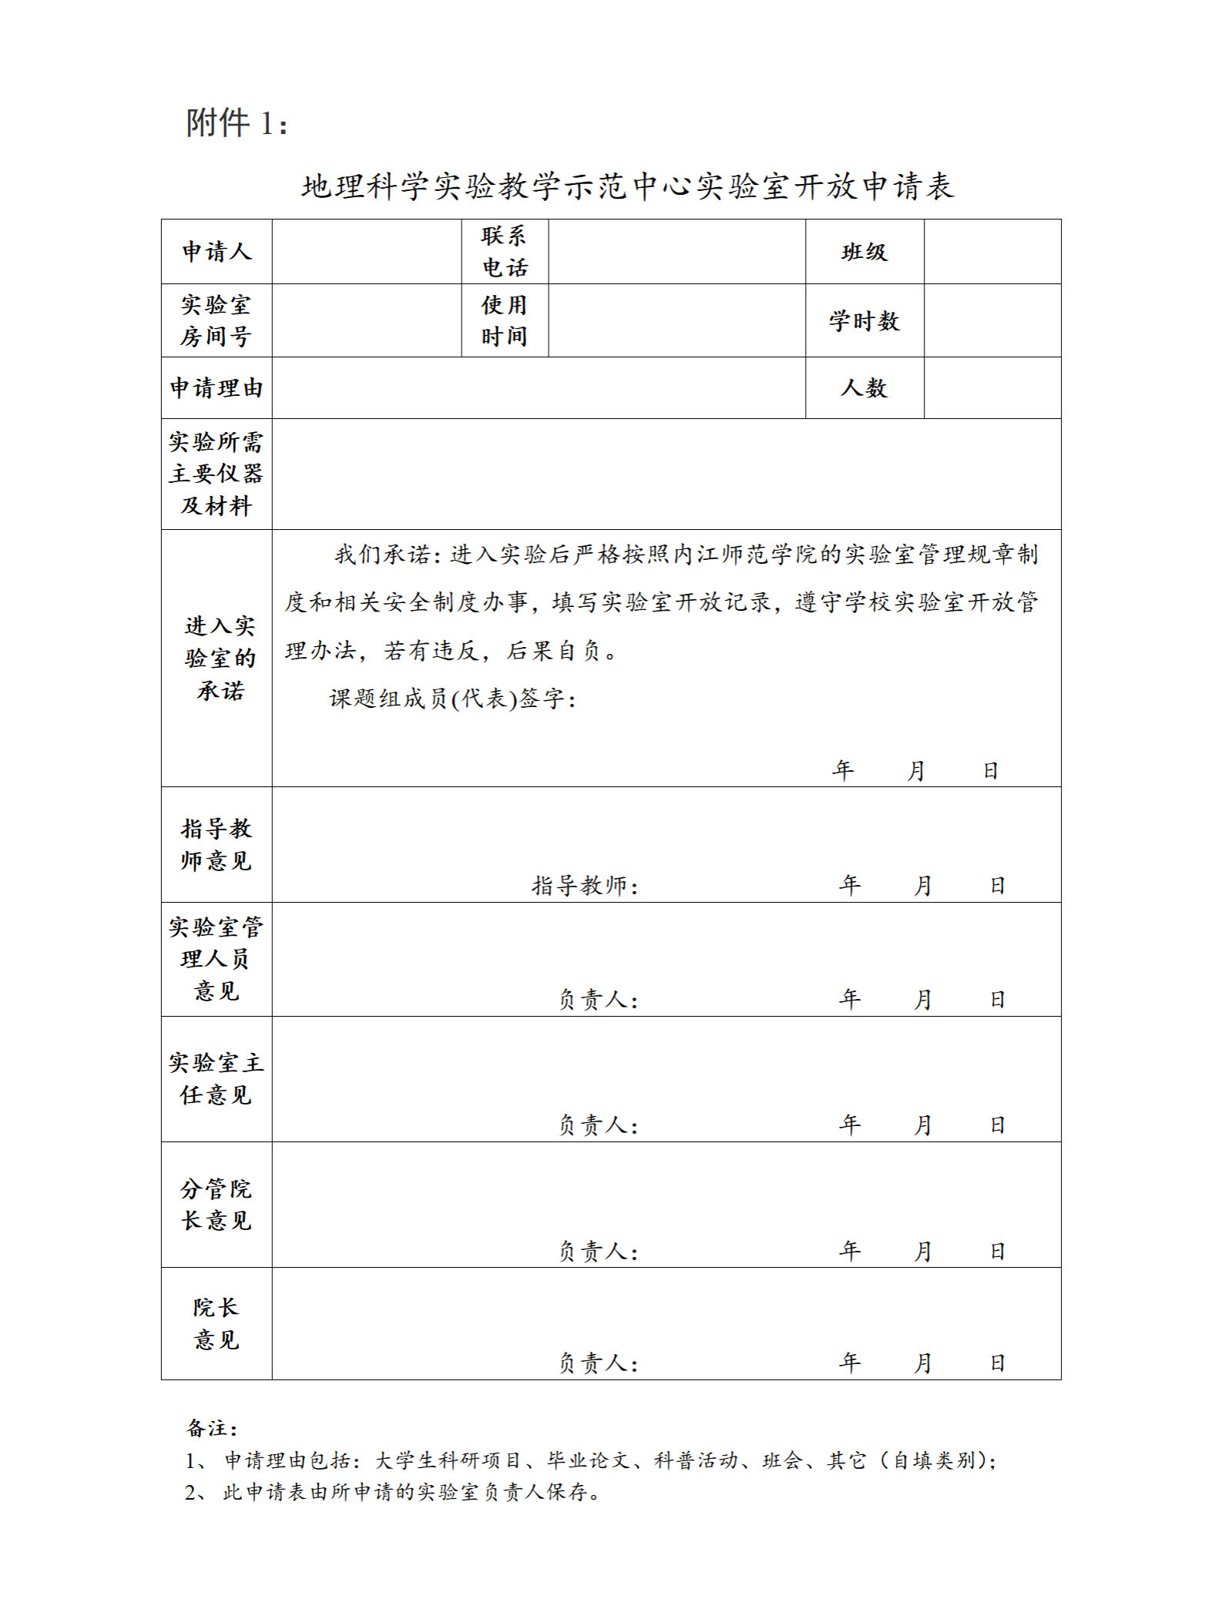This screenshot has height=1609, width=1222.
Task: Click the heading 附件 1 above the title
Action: coord(237,123)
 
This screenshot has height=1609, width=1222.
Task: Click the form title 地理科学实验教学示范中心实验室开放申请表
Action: coord(627,186)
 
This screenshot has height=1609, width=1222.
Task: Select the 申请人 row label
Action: coord(217,252)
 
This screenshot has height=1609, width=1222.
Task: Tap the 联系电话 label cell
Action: coord(505,252)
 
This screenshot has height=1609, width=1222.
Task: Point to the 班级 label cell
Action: coord(864,252)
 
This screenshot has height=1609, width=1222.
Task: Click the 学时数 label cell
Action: coord(864,320)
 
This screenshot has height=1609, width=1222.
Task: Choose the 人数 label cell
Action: coord(864,387)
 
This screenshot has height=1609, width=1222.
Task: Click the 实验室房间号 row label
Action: coord(216,320)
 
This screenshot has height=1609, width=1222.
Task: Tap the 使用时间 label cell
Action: coord(505,320)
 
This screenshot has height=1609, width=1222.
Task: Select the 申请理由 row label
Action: coord(217,387)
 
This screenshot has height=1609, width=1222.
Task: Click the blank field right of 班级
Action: coord(992,252)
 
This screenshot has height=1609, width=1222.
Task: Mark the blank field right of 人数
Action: coord(992,387)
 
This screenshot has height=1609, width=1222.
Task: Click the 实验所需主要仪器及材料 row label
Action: coord(217,474)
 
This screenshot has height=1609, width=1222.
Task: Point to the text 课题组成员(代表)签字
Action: coord(452,699)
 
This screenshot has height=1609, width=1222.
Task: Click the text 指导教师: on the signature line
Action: coord(585,886)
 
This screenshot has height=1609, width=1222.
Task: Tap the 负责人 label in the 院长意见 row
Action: coord(598,1363)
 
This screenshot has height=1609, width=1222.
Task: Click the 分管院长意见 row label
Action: coord(217,1205)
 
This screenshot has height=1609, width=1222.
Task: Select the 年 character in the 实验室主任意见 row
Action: coord(849,1125)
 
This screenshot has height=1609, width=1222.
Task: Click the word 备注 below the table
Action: coord(211,1429)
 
